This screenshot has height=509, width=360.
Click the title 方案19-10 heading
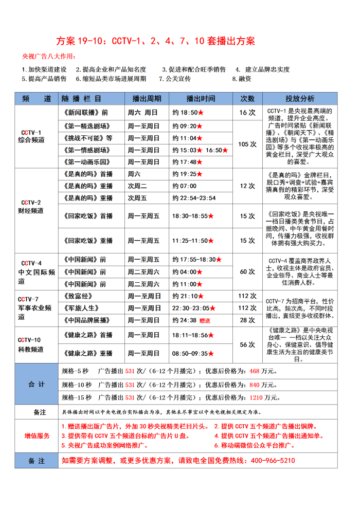pos(155,41)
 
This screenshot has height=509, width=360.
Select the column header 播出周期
pos(147,99)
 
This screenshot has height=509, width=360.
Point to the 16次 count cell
pos(247,113)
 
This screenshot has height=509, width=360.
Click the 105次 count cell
pos(247,144)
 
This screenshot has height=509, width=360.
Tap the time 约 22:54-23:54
pos(194,198)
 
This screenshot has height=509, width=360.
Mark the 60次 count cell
pos(247,272)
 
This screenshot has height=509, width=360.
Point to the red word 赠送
pos(205,321)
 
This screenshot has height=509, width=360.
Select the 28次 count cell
pos(247,320)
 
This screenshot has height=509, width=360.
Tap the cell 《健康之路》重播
pos(89,354)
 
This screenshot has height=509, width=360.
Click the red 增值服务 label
pos(37,436)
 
